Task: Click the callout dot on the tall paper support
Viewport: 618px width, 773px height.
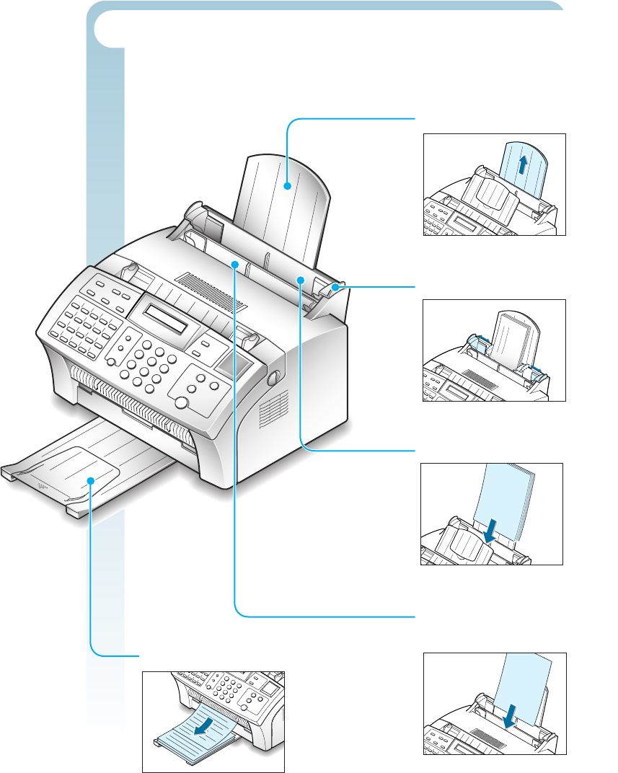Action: tap(287, 186)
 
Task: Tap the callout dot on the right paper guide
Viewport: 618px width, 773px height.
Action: tap(335, 287)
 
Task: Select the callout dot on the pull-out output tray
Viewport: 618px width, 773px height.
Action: tap(92, 480)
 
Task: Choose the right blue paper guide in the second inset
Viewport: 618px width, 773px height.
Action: tap(534, 371)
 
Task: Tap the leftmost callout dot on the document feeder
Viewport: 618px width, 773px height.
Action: tap(234, 265)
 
